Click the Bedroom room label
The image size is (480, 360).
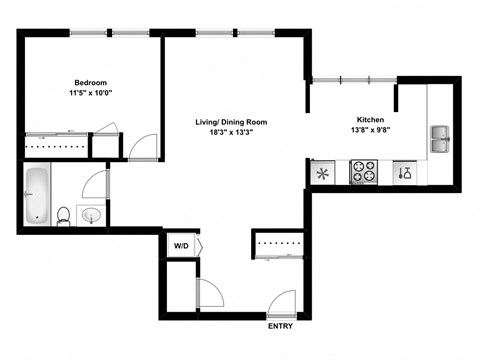(x=90, y=83)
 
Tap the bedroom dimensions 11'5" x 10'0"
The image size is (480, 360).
(x=90, y=94)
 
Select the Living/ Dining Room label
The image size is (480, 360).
(x=231, y=122)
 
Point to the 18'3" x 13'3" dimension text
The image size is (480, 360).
(x=231, y=133)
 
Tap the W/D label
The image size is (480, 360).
(x=182, y=244)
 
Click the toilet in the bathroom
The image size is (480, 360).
(x=63, y=215)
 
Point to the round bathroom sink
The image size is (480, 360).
(x=90, y=215)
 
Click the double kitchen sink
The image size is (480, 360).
(x=441, y=139)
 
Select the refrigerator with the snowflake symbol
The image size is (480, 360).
(x=323, y=173)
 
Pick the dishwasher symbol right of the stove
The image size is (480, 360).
(x=404, y=173)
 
